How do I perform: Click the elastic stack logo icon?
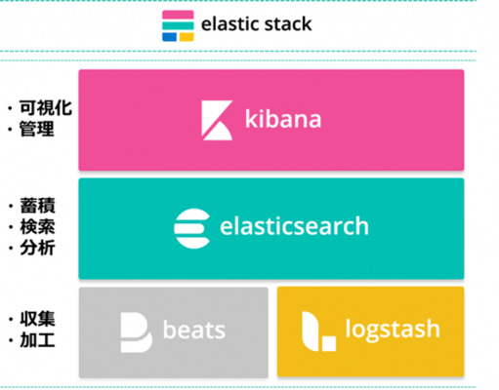coord(178,26)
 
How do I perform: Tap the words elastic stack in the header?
coord(257,24)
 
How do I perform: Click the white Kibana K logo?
coord(217,120)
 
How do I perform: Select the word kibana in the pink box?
coord(283,119)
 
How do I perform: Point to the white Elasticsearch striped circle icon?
coord(192,229)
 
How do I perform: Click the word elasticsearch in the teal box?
coord(294,226)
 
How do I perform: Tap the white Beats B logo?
coord(137,332)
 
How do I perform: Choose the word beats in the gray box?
coord(194,330)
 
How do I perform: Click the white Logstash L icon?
coord(318,331)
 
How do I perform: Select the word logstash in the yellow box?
coord(393,330)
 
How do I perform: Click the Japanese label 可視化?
coord(46,108)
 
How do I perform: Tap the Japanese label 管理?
coord(37,129)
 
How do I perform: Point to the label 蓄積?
coord(37,206)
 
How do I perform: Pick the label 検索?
coord(37,226)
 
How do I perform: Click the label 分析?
coord(37,248)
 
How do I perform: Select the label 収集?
coord(37,319)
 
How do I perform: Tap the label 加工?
coord(37,340)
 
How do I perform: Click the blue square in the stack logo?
coord(169,37)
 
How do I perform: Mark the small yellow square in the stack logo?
coord(187,37)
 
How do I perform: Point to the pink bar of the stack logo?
coord(178,15)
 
